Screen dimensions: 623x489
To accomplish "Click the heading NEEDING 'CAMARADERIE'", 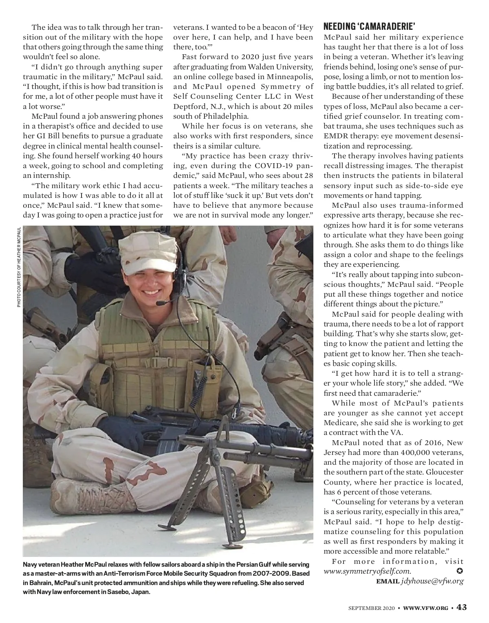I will tap(369, 27).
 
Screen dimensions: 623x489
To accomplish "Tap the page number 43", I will tap(461, 607).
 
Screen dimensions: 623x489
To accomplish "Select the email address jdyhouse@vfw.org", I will tap(432, 581).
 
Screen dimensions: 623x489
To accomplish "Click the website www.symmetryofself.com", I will tap(367, 572).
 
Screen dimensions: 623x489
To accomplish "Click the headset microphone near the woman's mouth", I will tap(162, 303).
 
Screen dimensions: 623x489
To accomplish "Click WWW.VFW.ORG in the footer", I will tap(426, 608).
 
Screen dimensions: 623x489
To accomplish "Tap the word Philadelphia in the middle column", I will tap(220, 116).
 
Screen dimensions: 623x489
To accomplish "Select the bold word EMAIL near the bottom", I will tap(387, 581).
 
